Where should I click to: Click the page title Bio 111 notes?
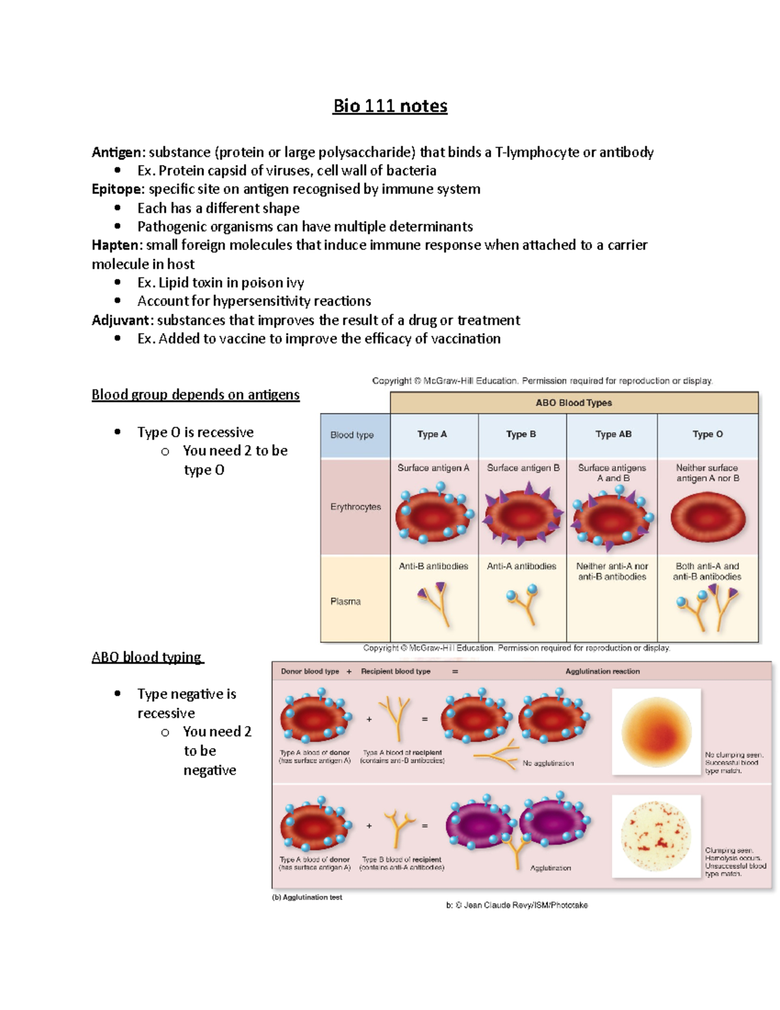click(x=390, y=106)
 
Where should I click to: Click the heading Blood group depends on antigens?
click(x=196, y=395)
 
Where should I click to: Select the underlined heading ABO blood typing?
click(x=148, y=657)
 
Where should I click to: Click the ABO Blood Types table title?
click(x=574, y=403)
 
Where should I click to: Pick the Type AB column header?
click(x=614, y=434)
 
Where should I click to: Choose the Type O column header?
click(x=707, y=434)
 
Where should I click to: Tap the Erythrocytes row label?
click(x=356, y=507)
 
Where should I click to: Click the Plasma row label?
click(x=345, y=602)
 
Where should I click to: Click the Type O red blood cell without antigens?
click(x=707, y=518)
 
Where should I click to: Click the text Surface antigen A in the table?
click(x=434, y=468)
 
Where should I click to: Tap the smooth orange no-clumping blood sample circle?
click(x=656, y=732)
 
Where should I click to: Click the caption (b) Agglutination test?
click(x=307, y=897)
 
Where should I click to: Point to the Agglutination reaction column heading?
click(x=603, y=671)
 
